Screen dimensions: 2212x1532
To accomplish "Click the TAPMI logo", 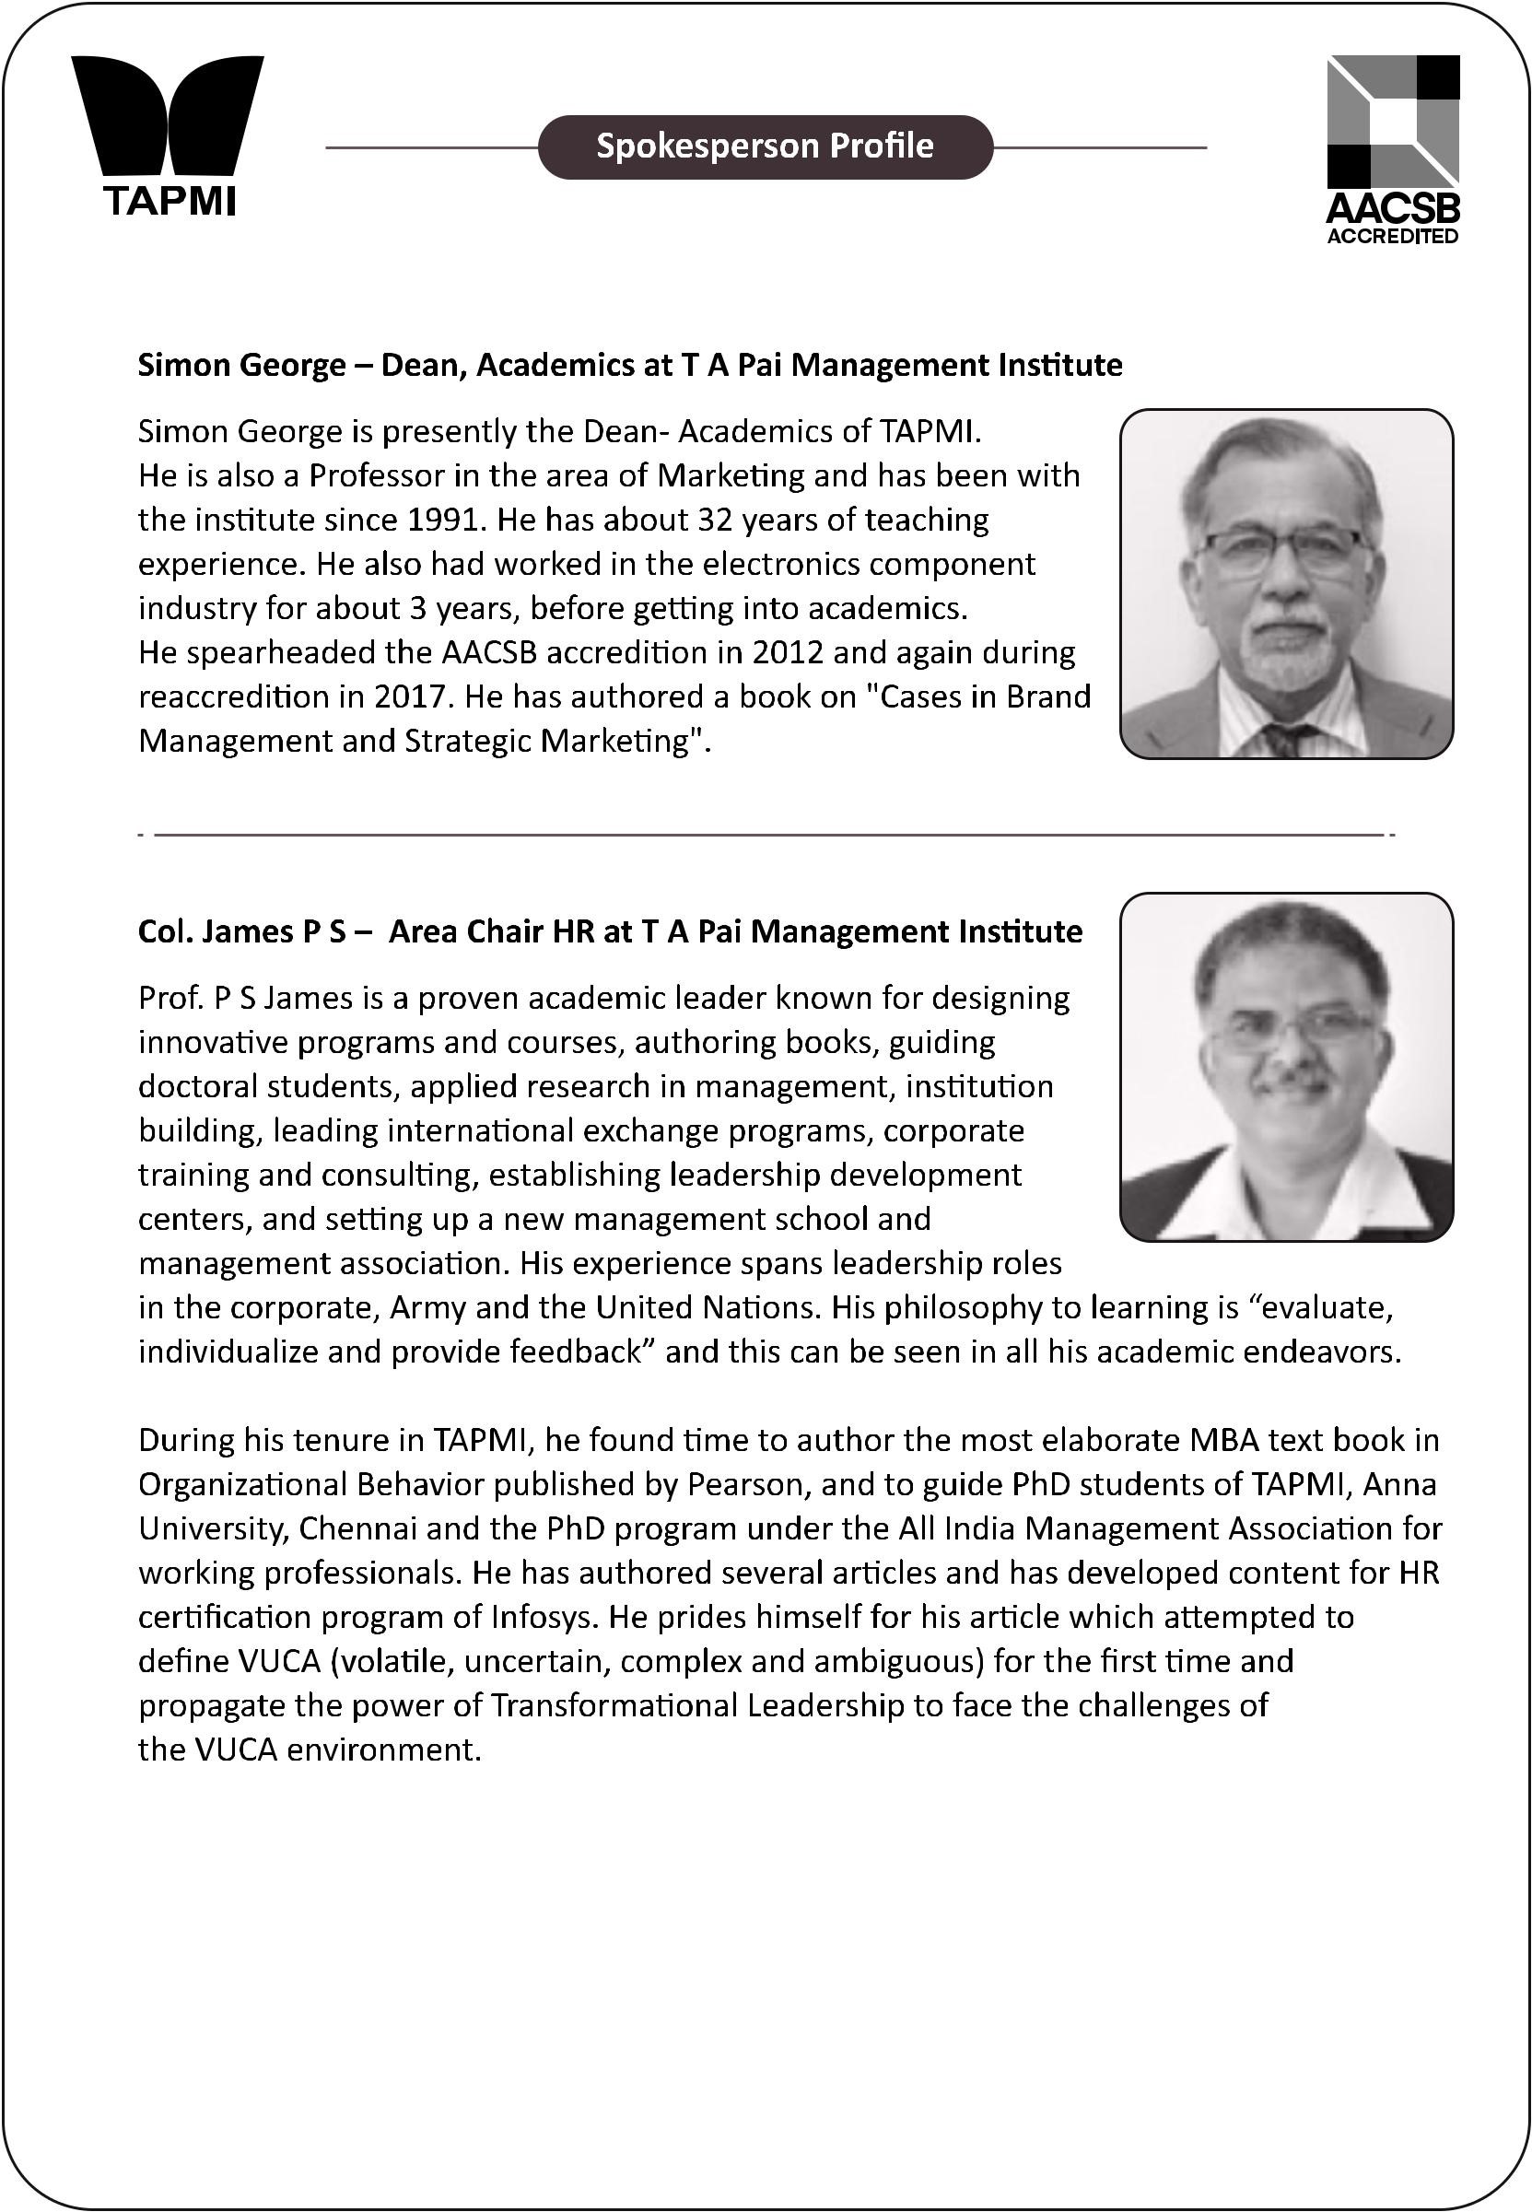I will coord(168,135).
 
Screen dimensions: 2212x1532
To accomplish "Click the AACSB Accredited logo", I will coord(1393,149).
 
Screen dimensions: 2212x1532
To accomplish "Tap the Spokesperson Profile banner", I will coord(765,146).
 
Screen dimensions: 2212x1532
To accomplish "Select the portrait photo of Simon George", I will coord(1286,584).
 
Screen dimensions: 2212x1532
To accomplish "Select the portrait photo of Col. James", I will coord(1286,1067).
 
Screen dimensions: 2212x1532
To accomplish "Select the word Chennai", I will coord(358,1528).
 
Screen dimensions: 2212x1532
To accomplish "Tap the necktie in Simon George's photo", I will coord(1284,739).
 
